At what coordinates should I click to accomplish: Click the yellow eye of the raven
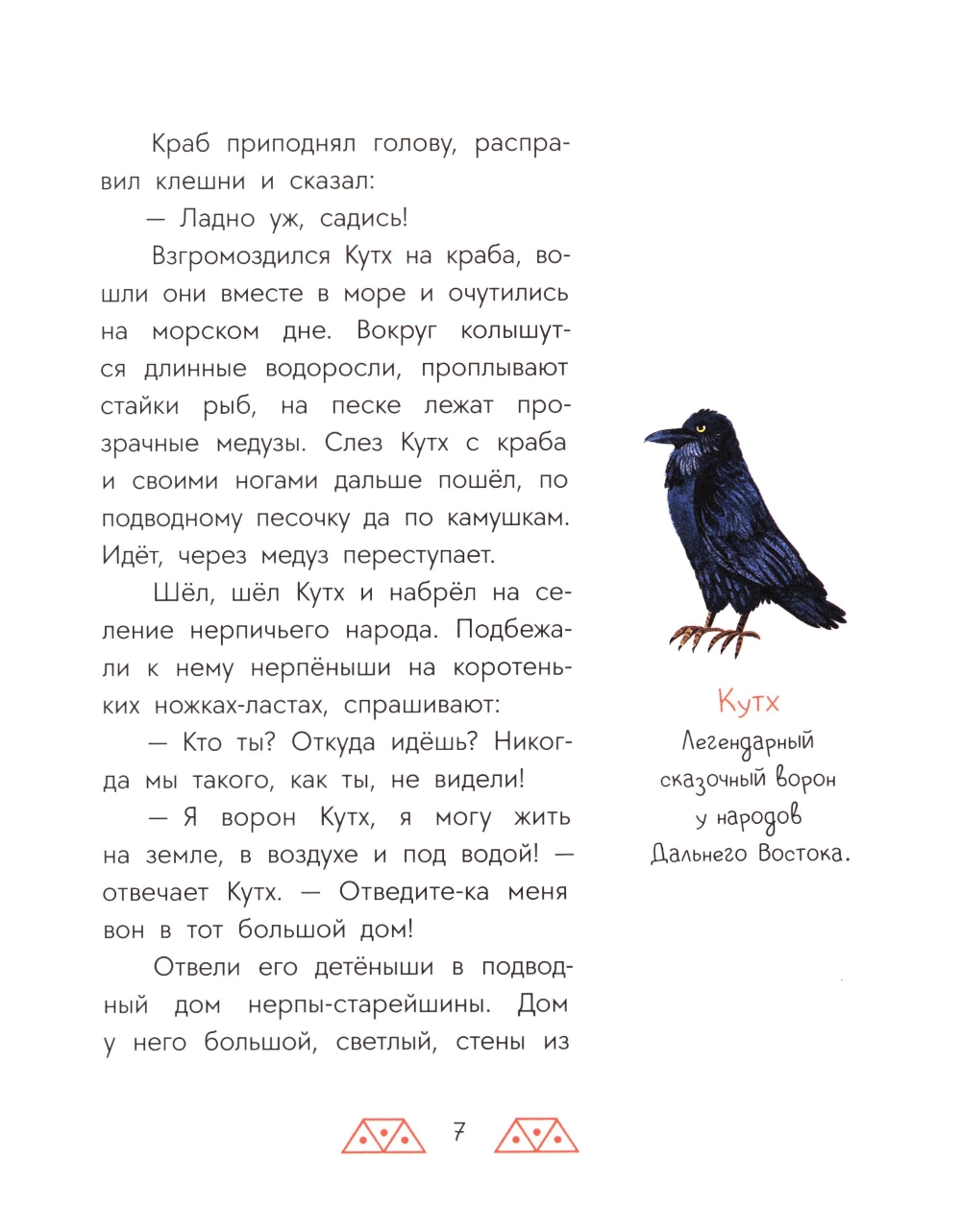700,427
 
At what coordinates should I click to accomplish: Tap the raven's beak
662,437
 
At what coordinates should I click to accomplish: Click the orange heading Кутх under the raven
749,702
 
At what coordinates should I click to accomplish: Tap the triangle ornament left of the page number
383,1135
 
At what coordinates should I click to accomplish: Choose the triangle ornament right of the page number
536,1135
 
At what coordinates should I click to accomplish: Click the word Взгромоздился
241,256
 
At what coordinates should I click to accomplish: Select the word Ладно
217,219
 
